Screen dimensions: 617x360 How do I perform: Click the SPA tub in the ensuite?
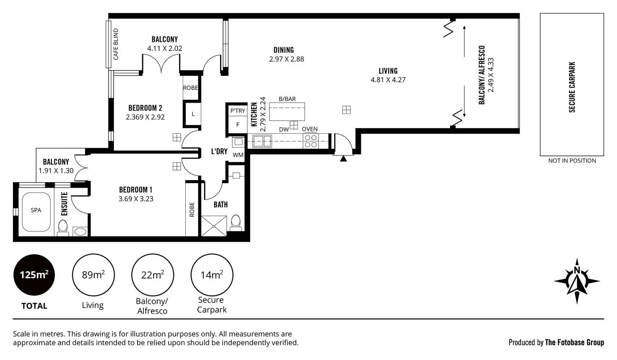(x=36, y=212)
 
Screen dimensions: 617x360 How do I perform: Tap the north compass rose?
(x=577, y=281)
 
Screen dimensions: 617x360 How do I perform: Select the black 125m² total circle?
(x=34, y=275)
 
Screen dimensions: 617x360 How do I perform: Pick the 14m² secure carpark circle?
(x=212, y=275)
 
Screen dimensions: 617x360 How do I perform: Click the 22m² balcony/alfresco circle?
(x=153, y=275)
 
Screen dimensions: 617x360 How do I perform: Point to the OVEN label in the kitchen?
(x=310, y=129)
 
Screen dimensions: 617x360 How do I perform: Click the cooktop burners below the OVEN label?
(x=311, y=141)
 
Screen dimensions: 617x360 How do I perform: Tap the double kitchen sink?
(x=262, y=141)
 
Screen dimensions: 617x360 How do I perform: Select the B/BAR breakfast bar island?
(x=287, y=111)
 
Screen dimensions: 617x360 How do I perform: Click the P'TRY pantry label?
(x=238, y=111)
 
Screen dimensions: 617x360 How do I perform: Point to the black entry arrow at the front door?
(x=343, y=159)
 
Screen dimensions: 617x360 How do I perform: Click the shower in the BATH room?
(x=214, y=226)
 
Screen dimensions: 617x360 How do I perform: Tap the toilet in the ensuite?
(x=63, y=228)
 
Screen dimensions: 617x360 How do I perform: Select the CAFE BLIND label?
(x=116, y=44)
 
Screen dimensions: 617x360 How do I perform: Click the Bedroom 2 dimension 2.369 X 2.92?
(x=145, y=117)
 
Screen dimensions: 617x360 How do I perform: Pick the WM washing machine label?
(x=238, y=155)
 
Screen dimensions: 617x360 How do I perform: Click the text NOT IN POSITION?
(x=572, y=161)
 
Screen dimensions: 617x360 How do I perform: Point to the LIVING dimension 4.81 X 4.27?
(x=388, y=80)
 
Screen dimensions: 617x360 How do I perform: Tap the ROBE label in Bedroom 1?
(x=192, y=210)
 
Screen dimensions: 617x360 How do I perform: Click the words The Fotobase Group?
(x=574, y=342)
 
